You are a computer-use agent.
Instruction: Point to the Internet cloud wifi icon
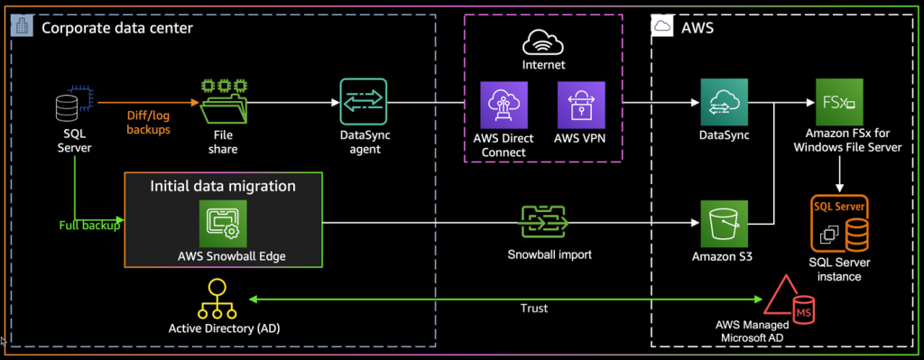pos(543,42)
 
